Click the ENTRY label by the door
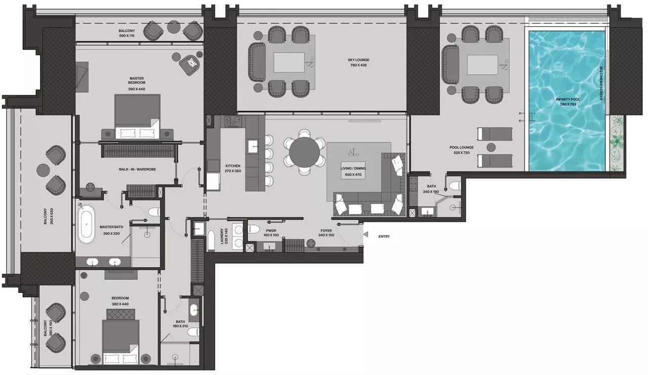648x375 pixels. [x=384, y=236]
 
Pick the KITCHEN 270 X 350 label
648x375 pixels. [x=233, y=169]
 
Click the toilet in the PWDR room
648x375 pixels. [x=255, y=228]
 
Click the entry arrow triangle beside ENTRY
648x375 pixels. [x=366, y=234]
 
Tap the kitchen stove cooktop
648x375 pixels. [x=234, y=121]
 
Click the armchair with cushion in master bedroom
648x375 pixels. [x=191, y=63]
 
